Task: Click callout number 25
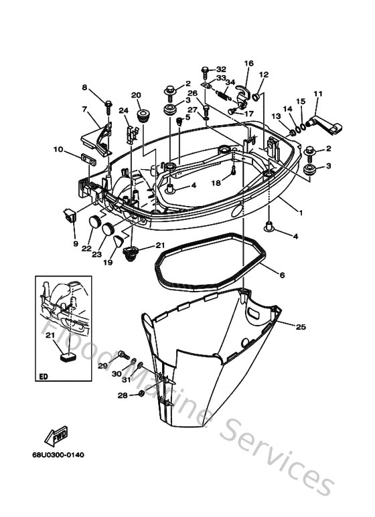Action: click(300, 326)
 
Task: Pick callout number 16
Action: click(248, 64)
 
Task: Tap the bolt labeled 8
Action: click(107, 105)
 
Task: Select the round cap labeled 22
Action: click(93, 223)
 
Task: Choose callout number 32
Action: click(221, 69)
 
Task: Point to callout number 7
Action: click(85, 110)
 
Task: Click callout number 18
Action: click(216, 182)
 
